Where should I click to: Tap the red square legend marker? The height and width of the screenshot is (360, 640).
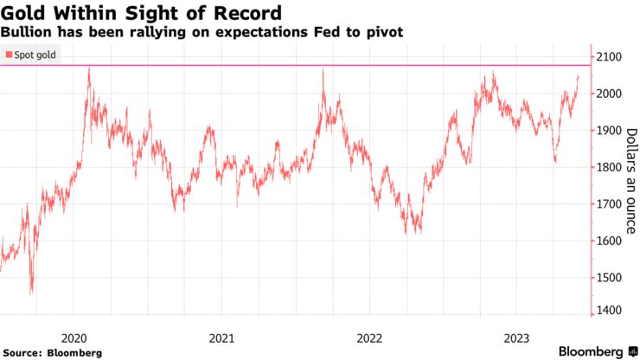[9, 55]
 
